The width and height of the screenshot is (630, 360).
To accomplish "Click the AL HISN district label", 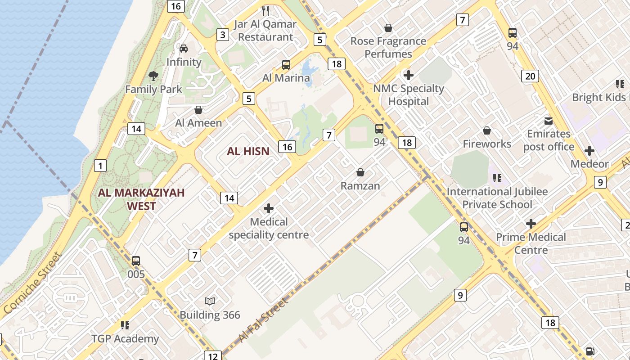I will pos(248,152).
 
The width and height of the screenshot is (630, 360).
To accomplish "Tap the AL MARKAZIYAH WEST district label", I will pos(141,199).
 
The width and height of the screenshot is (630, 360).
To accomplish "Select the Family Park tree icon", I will pos(153,76).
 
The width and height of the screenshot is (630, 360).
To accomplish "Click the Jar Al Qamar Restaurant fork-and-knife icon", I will pos(265,10).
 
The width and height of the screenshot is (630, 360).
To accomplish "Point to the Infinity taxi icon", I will pos(184,48).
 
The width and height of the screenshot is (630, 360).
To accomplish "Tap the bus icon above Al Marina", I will pos(286,64).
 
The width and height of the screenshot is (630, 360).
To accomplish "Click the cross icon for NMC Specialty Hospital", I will pos(409,75).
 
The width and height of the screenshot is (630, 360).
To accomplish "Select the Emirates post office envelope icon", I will pos(549,121).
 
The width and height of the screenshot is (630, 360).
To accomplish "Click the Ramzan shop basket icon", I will pos(360,172).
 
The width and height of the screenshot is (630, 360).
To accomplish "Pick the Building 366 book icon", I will pos(210,301).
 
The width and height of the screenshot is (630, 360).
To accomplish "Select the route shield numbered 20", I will pos(530,76).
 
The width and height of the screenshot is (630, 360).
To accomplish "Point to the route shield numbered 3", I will pos(222,35).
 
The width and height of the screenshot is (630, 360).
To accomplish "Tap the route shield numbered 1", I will pos(100,166).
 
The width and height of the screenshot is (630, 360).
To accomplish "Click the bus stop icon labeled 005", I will pos(136,261).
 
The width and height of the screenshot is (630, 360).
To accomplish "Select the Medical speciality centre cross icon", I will pos(269,208).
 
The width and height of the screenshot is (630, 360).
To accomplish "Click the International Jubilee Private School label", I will pos(497,198).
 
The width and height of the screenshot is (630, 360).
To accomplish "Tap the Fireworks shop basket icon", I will pos(487,131).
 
